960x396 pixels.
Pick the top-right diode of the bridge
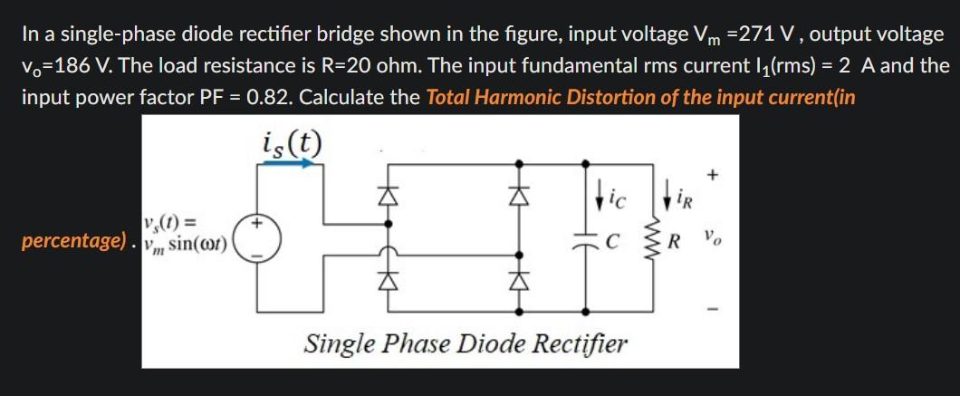[519, 194]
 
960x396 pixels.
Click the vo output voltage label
[715, 242]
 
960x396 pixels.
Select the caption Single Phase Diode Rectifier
[466, 344]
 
